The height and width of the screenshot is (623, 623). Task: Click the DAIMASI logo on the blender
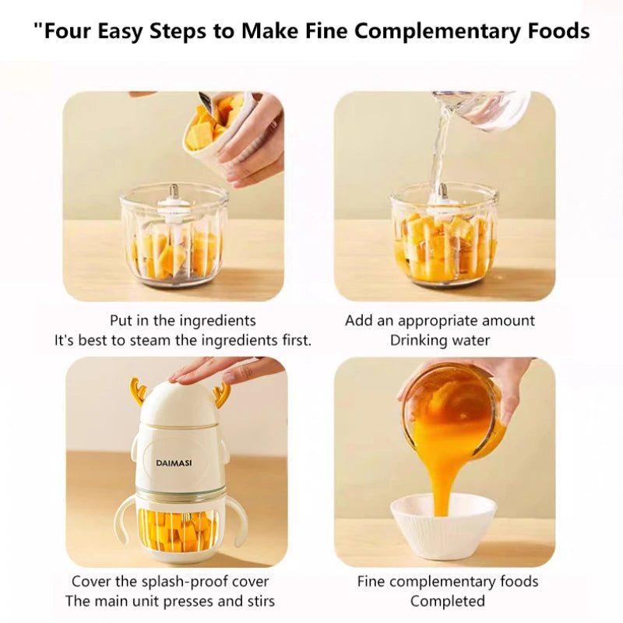pos(173,463)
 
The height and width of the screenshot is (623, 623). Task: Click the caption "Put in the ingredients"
pos(183,321)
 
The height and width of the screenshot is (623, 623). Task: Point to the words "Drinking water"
pos(440,340)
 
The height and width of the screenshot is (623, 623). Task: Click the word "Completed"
pos(447,601)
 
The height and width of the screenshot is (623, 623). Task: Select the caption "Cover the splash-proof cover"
pos(171,582)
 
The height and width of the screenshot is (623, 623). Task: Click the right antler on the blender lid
pos(221,391)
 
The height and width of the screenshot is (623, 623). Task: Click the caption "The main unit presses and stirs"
pos(171,601)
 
